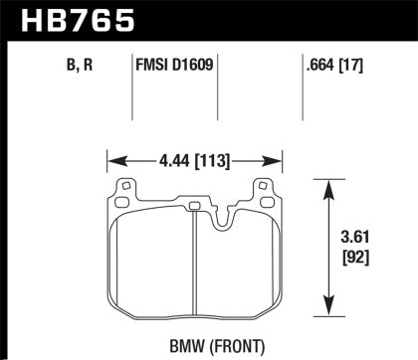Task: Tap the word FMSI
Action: (x=152, y=69)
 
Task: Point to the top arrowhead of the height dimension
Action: (x=327, y=183)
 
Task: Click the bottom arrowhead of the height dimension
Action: (x=327, y=307)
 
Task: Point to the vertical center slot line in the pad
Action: (x=190, y=259)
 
